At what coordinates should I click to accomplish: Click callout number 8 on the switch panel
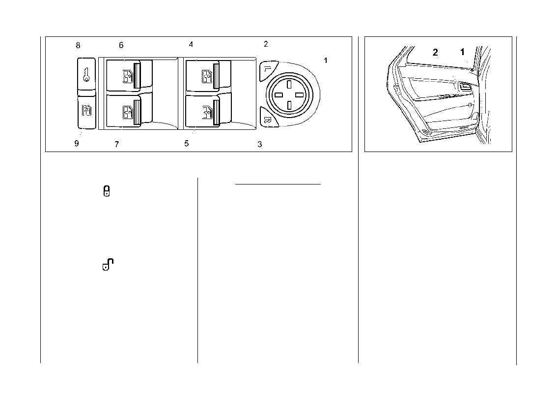(x=78, y=46)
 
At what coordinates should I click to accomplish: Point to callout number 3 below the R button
(x=260, y=145)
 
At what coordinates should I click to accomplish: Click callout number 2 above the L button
(x=266, y=44)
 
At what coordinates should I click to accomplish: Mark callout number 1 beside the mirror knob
(x=325, y=60)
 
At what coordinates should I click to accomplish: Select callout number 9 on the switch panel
(x=77, y=144)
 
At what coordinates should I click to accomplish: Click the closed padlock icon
(x=107, y=191)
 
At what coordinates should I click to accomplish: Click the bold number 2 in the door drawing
(x=435, y=53)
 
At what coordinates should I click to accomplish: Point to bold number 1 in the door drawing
(x=462, y=52)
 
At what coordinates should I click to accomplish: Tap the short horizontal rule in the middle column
(x=278, y=184)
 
